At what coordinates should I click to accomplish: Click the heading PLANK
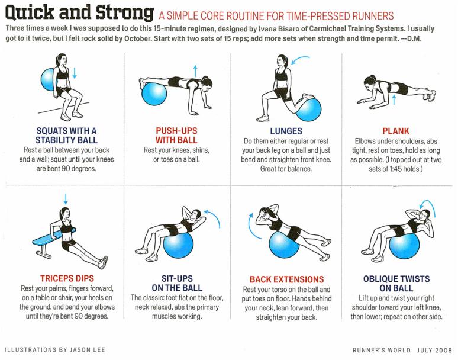(x=396, y=131)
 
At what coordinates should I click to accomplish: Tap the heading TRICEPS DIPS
(x=67, y=278)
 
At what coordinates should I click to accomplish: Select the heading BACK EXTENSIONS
(x=286, y=279)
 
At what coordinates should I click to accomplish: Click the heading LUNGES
(x=286, y=131)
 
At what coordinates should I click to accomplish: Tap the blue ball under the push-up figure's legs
(x=154, y=94)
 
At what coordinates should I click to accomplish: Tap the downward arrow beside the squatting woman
(x=75, y=73)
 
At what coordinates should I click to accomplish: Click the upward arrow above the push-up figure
(x=195, y=71)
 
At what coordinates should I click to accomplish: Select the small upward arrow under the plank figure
(x=394, y=99)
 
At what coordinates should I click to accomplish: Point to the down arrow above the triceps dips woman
(x=66, y=199)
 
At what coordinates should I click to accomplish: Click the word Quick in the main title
(x=30, y=12)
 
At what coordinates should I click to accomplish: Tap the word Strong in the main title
(x=125, y=13)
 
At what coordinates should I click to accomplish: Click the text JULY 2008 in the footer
(x=435, y=350)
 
